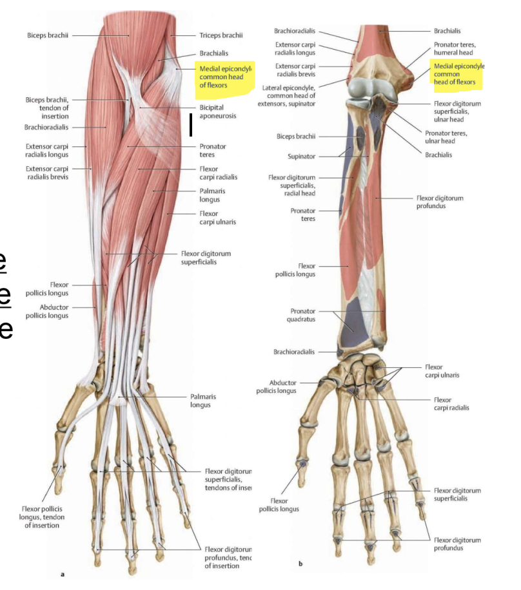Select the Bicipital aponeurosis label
[x=217, y=111]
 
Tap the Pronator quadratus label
[x=302, y=315]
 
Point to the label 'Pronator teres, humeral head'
[x=453, y=48]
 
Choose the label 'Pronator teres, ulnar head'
[x=446, y=137]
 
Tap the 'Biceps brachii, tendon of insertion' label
[x=47, y=108]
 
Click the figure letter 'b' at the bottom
[x=300, y=564]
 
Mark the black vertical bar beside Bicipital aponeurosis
[x=191, y=124]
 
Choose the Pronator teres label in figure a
[x=213, y=151]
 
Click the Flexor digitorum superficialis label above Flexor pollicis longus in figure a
[x=206, y=258]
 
